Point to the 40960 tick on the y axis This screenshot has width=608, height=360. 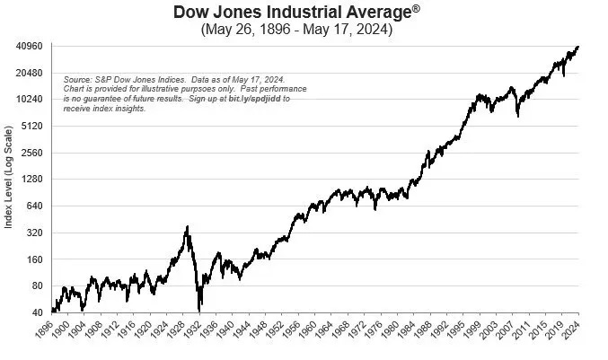pos(28,46)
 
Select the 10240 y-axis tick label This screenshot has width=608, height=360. pos(28,100)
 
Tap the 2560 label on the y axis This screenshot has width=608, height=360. pos(31,153)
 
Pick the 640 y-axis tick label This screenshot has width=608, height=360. pos(33,206)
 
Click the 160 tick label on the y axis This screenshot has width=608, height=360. pos(33,259)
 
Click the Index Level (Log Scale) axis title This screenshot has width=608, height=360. pos(9,180)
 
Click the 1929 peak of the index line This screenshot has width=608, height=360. pos(188,227)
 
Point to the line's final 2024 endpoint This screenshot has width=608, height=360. pos(578,46)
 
